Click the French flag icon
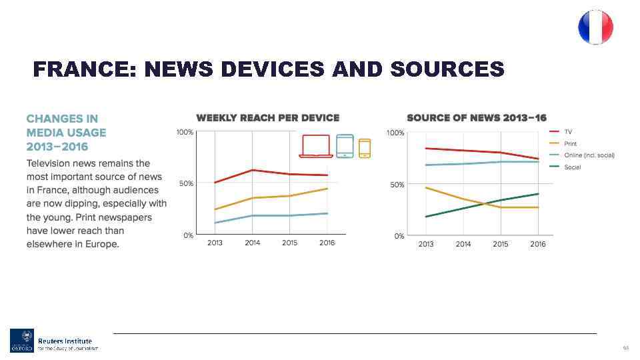(595, 27)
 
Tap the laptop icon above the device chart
(316, 146)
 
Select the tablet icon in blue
(345, 146)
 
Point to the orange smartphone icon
(365, 148)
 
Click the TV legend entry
(569, 132)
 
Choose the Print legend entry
(571, 143)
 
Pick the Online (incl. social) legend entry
(589, 155)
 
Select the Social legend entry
(572, 167)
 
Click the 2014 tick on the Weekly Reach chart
(252, 243)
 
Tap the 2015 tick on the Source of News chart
(501, 244)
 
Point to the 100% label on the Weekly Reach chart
(185, 133)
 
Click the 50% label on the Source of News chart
(396, 185)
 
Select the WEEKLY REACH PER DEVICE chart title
(267, 118)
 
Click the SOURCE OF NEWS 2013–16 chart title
(477, 118)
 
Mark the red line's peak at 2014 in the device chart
(252, 170)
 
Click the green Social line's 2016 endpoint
(538, 194)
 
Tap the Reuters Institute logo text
(65, 341)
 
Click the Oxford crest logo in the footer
(21, 340)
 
